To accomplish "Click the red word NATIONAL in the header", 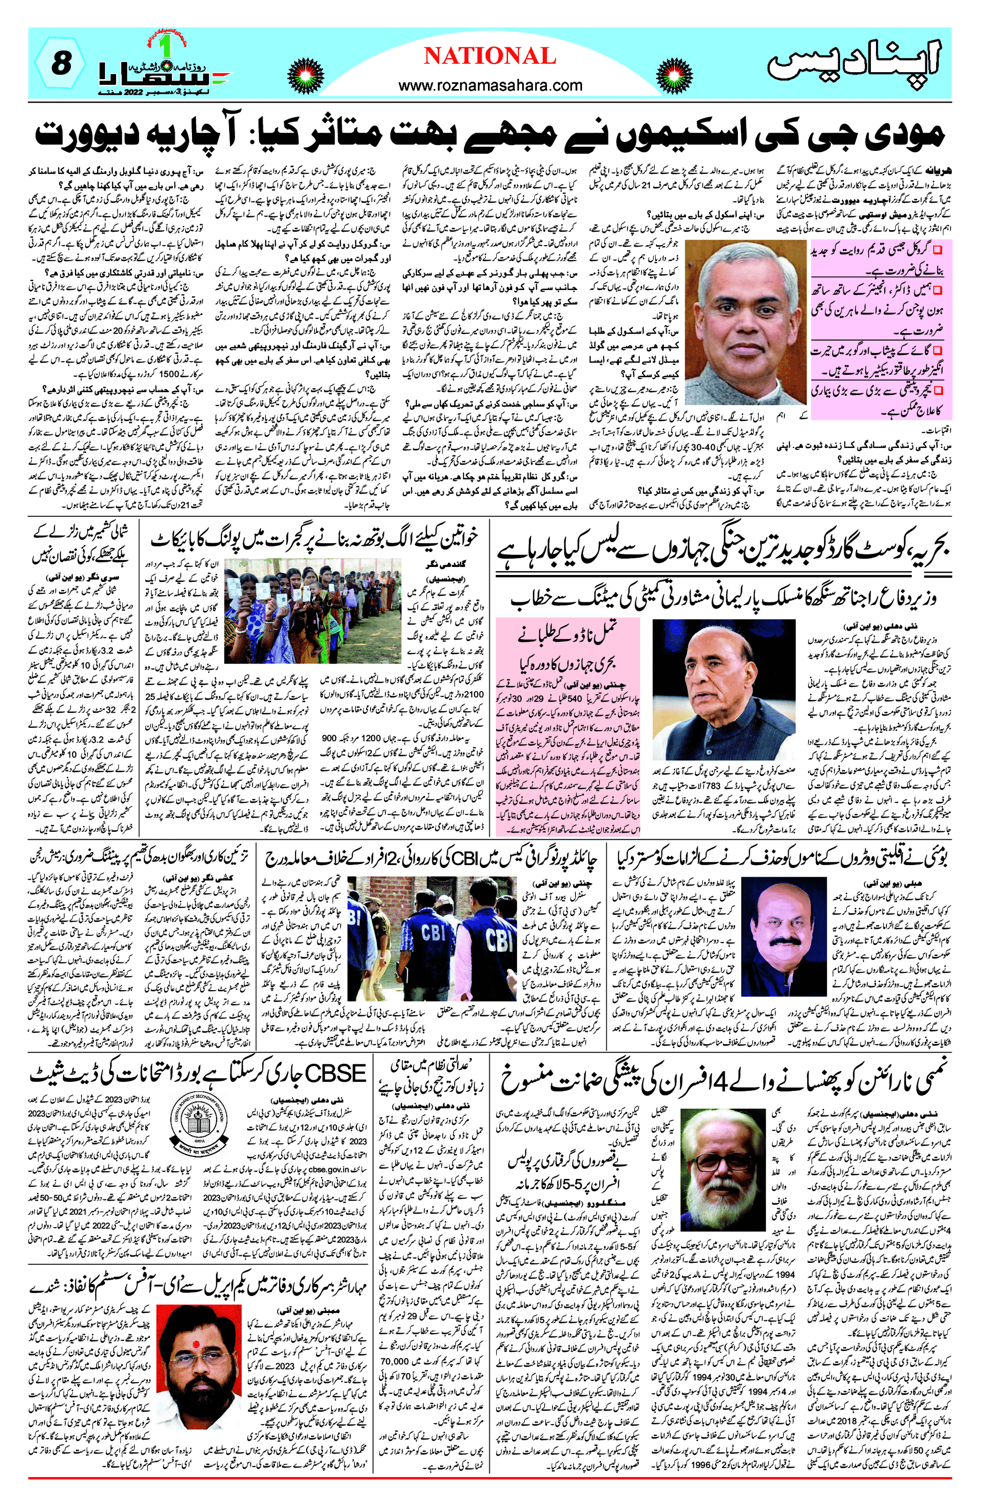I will click(x=490, y=56).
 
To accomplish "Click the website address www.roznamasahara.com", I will click(x=490, y=85).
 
